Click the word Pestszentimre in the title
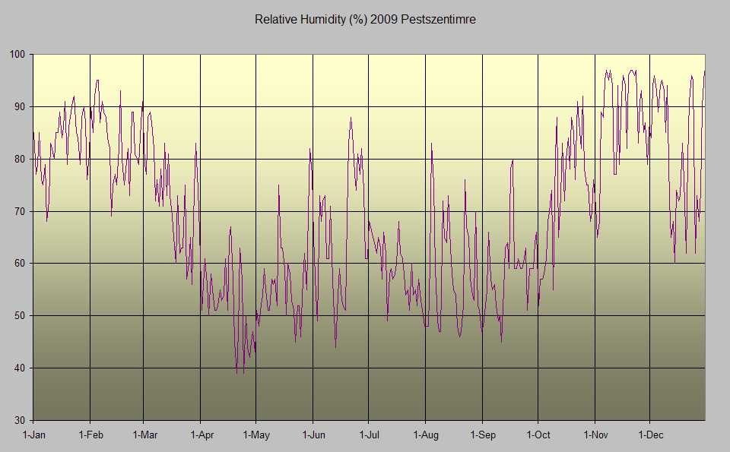(x=440, y=20)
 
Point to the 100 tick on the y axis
(x=17, y=55)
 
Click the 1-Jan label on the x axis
(x=33, y=435)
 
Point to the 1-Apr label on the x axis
(x=200, y=435)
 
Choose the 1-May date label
(x=255, y=435)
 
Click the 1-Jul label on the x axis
(x=369, y=435)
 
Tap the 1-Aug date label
(x=425, y=435)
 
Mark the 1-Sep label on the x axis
(x=482, y=435)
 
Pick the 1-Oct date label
(x=538, y=435)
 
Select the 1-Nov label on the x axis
(x=595, y=435)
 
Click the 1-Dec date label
(x=650, y=435)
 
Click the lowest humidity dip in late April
(x=237, y=372)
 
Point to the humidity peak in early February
(x=97, y=81)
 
